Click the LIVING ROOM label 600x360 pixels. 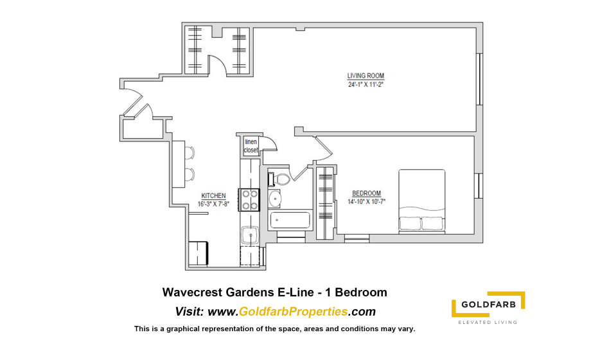tap(366, 76)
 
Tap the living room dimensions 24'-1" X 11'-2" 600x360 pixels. tap(366, 85)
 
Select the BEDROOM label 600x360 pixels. tap(366, 194)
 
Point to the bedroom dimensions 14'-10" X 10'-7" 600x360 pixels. tap(366, 202)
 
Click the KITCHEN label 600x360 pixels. tap(213, 195)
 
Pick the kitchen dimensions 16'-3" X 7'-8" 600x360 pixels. tap(213, 204)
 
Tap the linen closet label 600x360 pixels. tap(251, 146)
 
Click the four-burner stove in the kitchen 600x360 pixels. tap(249, 200)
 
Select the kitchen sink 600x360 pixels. tap(251, 235)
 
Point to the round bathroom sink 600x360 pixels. tap(275, 199)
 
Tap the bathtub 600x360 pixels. tap(290, 221)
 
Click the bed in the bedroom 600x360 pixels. tap(421, 201)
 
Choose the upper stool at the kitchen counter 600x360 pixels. tap(190, 152)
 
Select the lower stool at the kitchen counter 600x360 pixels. tap(190, 175)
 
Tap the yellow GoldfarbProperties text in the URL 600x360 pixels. tap(293, 311)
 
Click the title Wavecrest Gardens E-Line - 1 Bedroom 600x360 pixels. tap(275, 292)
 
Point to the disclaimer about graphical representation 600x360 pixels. tap(275, 328)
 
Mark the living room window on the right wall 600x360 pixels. tap(479, 79)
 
